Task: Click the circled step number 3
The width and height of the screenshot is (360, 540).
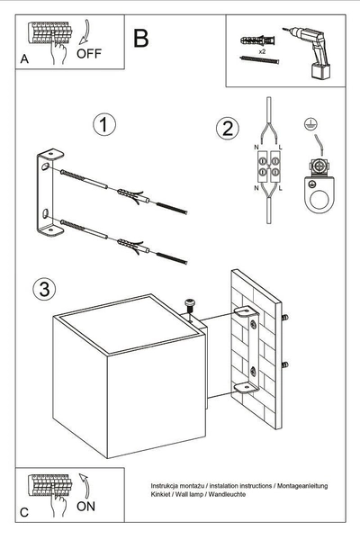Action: pos(41,289)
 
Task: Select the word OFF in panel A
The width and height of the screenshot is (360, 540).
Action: pos(89,53)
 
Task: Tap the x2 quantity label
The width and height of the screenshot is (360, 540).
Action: pos(261,52)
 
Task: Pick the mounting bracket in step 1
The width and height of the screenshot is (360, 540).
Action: pos(47,196)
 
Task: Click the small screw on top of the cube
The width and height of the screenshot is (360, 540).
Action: pos(191,306)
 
